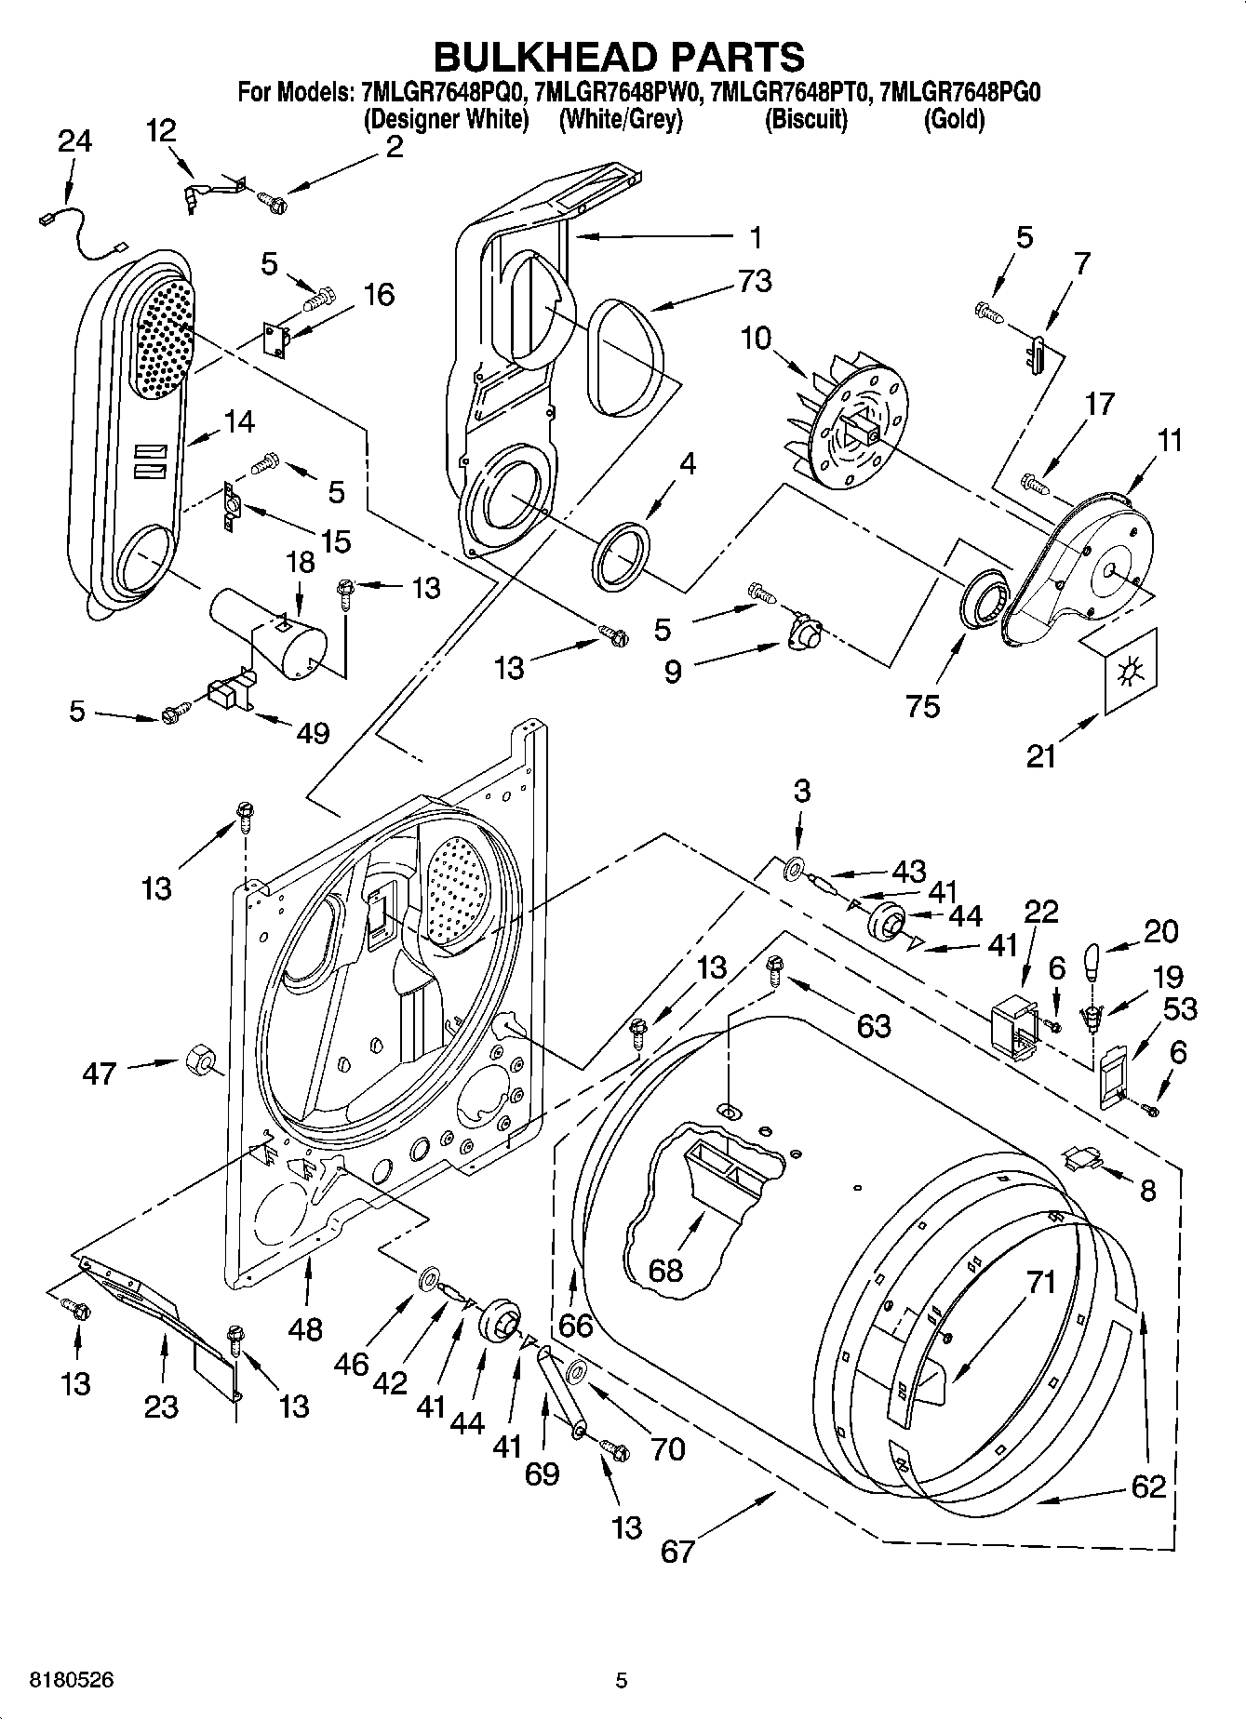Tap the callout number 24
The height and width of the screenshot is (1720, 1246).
click(x=74, y=141)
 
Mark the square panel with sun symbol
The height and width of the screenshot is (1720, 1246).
click(x=1130, y=671)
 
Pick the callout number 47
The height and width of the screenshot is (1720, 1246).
click(x=99, y=1073)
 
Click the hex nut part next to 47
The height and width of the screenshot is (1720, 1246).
click(x=197, y=1060)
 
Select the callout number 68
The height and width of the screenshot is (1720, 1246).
click(x=664, y=1269)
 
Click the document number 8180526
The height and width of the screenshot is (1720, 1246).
click(x=60, y=1680)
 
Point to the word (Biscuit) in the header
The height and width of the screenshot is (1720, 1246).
click(x=806, y=120)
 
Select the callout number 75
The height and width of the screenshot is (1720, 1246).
click(x=923, y=704)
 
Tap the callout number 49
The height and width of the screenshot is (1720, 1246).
click(x=313, y=733)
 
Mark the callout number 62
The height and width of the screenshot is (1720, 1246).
click(x=1147, y=1486)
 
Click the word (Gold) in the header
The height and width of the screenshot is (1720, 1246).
click(x=954, y=120)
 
